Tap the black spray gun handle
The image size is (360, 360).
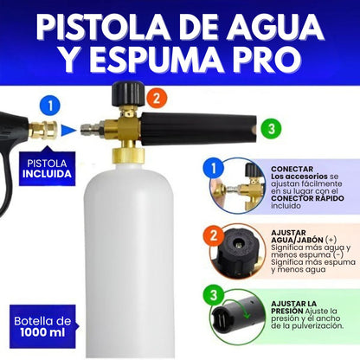pyautogui.click(x=10, y=156)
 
